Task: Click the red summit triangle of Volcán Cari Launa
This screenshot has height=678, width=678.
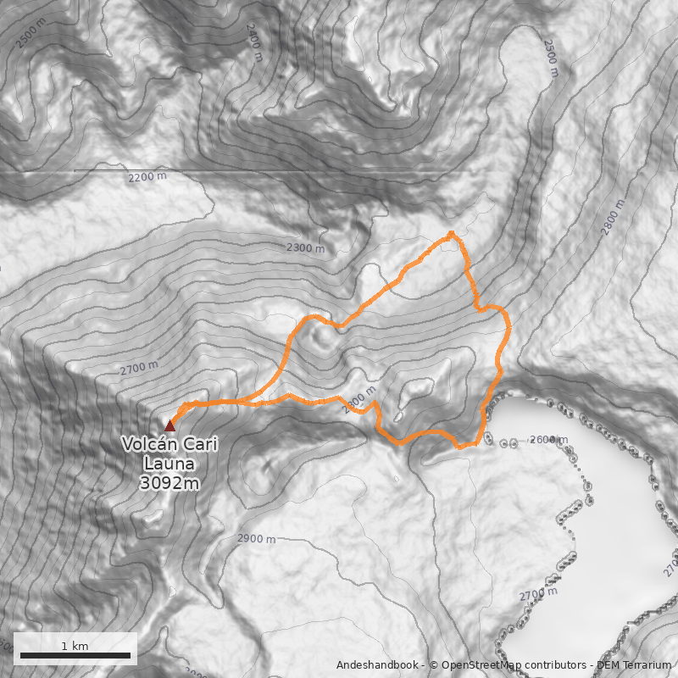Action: (x=169, y=425)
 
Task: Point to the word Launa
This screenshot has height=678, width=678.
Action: (x=169, y=464)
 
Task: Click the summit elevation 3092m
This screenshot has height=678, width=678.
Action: (x=169, y=483)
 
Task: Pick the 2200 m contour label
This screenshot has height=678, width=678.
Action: (x=147, y=177)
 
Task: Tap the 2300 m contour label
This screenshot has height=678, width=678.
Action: (x=305, y=248)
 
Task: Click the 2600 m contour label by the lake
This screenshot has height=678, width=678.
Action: (x=547, y=440)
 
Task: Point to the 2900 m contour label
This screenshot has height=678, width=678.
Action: (x=256, y=539)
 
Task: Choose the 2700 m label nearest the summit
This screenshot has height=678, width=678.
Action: (x=139, y=368)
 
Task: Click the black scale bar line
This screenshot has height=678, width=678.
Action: (x=75, y=655)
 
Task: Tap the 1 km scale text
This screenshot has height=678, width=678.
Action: (x=75, y=646)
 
